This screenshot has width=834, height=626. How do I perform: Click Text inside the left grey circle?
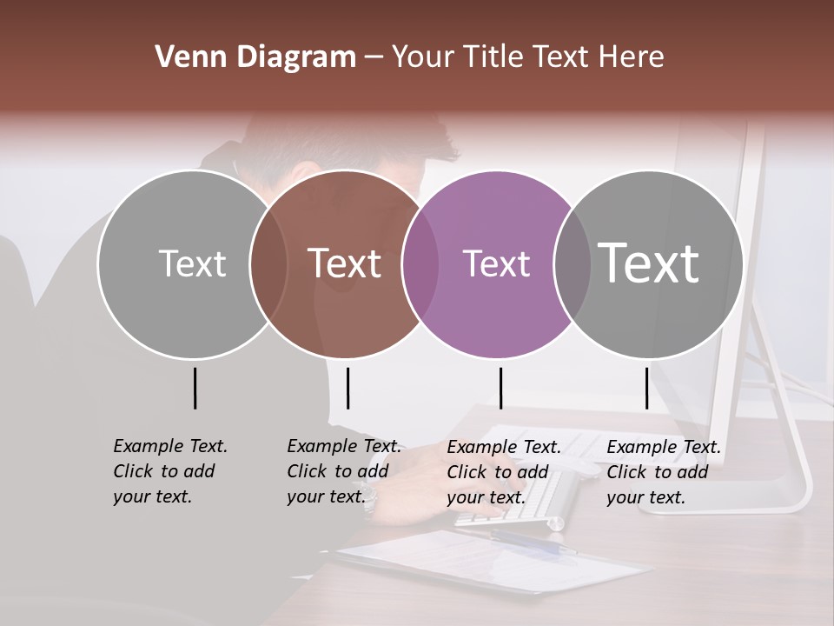coord(192,263)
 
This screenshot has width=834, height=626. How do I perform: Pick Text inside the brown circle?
coord(345,263)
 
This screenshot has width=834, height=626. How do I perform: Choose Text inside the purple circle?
coord(496,263)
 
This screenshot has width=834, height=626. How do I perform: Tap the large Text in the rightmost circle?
coord(649,263)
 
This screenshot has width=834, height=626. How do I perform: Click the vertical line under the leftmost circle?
coord(195,388)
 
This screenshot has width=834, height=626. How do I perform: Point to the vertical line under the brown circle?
coord(347,388)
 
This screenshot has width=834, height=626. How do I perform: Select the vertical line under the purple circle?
coord(500,388)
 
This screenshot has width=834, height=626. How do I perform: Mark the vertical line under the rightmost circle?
coord(646,388)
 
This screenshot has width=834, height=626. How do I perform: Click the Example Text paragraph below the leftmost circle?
coord(169,471)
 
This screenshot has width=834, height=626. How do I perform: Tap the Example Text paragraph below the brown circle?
coord(343,471)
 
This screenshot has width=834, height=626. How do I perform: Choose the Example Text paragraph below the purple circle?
coord(503,472)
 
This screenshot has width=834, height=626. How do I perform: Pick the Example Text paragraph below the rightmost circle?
coord(663,472)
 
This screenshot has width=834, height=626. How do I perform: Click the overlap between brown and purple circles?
coord(420,263)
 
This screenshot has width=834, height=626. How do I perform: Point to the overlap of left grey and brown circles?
coord(268,263)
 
